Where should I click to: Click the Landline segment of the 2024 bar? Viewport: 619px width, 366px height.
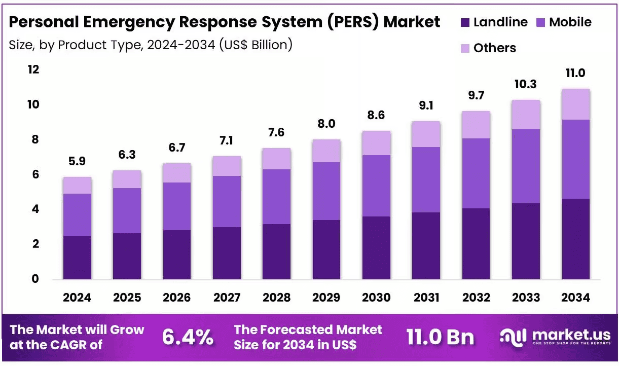tap(77, 258)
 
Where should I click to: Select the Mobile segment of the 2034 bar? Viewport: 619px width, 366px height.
tap(576, 159)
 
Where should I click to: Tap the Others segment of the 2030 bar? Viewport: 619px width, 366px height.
tap(376, 143)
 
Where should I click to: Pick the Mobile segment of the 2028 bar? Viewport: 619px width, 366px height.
tap(276, 197)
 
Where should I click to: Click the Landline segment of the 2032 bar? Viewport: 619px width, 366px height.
tap(476, 244)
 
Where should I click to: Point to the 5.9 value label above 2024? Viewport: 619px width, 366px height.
tap(77, 161)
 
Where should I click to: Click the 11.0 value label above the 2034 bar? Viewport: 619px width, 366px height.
tap(575, 73)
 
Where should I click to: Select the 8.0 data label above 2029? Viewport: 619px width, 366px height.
tap(326, 124)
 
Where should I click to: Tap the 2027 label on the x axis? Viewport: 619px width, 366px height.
tap(227, 298)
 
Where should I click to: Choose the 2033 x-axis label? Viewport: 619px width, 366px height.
tap(526, 298)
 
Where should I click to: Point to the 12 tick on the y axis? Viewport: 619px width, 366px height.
tap(33, 69)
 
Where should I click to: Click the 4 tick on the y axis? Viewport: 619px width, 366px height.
tap(35, 209)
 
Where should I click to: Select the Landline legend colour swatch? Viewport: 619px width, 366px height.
tap(465, 22)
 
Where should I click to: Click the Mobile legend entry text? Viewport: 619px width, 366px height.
tap(570, 22)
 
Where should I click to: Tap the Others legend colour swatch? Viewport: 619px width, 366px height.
tap(465, 48)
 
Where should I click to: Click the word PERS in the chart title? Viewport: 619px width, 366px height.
tap(353, 22)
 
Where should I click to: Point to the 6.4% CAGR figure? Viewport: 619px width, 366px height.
tap(188, 337)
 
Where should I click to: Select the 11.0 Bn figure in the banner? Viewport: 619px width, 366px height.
tap(440, 337)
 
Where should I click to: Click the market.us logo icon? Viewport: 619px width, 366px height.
tap(513, 338)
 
